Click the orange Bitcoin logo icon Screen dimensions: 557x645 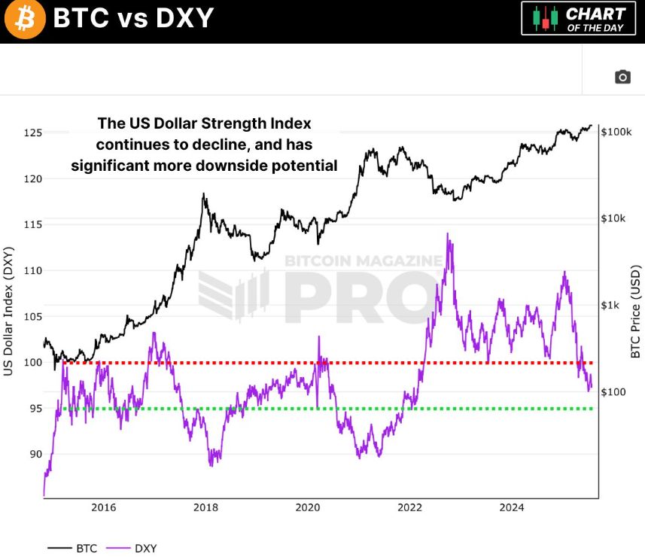pyautogui.click(x=25, y=20)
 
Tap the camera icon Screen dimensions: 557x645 pyautogui.click(x=622, y=77)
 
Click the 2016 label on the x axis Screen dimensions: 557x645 pyautogui.click(x=103, y=507)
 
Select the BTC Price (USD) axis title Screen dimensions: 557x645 pyautogui.click(x=636, y=311)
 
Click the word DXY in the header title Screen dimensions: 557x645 pyautogui.click(x=182, y=19)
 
